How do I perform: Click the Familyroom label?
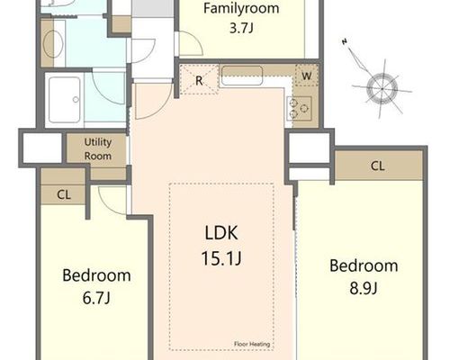[x=241, y=8]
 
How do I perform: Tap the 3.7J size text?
[x=241, y=28]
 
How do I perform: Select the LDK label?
[x=221, y=233]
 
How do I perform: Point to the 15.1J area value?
[x=221, y=258]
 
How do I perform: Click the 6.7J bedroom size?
[x=96, y=298]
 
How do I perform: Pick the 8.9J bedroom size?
[x=364, y=288]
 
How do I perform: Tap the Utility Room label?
[x=98, y=148]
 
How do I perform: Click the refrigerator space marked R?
[x=199, y=80]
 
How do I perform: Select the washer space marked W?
[x=307, y=76]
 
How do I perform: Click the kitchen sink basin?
[x=242, y=76]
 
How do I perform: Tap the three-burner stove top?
[x=299, y=108]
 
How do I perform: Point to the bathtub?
[x=65, y=100]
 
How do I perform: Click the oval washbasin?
[x=53, y=44]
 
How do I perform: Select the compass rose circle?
[x=382, y=89]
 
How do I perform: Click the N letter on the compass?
[x=345, y=41]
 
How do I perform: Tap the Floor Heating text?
[x=252, y=344]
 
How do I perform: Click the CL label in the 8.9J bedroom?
[x=377, y=166]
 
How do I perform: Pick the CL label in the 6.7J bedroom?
[x=64, y=195]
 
